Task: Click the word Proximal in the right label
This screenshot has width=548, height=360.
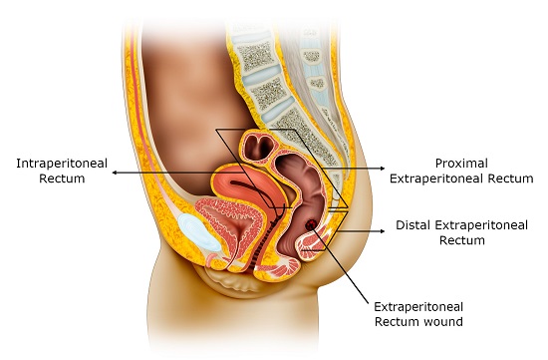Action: [460, 162]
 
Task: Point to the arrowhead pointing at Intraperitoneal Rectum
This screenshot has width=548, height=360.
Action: [114, 172]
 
